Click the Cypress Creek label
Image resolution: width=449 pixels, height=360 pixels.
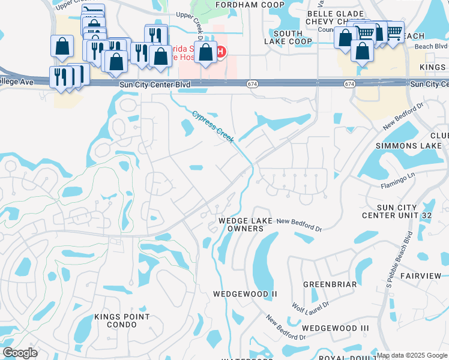(213, 126)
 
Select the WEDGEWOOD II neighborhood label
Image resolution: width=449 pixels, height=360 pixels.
(245, 294)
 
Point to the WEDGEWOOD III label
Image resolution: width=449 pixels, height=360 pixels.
(335, 328)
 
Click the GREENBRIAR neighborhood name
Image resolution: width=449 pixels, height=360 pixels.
(330, 284)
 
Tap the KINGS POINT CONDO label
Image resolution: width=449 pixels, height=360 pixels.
(124, 320)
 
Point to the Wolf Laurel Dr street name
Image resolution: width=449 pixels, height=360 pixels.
(310, 305)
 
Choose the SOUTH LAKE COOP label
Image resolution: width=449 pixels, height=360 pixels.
(289, 37)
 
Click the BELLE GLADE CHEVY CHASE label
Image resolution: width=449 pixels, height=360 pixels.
(335, 18)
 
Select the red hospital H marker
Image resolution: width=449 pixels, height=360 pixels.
(221, 52)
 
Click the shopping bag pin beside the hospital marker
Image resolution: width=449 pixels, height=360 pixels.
(205, 53)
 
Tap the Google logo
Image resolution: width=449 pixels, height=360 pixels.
(20, 353)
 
